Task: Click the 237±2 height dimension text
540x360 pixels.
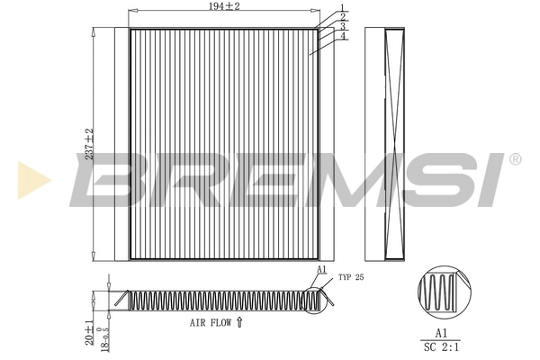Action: (x=88, y=144)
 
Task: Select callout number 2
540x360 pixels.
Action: (x=343, y=17)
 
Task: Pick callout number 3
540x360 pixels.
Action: (x=343, y=27)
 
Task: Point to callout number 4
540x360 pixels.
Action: (x=343, y=37)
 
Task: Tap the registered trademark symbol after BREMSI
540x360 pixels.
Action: (x=514, y=159)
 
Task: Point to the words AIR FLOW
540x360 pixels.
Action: (x=211, y=321)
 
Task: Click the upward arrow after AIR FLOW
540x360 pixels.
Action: (x=239, y=320)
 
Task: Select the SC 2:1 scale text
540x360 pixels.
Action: (x=442, y=344)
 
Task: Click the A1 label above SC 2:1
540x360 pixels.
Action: (x=442, y=331)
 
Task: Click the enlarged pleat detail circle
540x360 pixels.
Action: (x=442, y=293)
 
